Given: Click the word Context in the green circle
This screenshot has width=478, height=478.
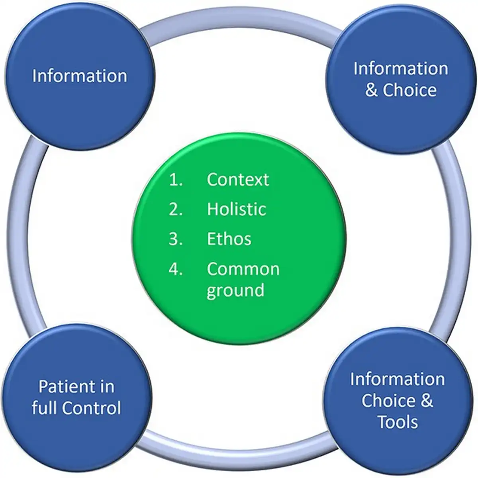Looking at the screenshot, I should tap(238, 180).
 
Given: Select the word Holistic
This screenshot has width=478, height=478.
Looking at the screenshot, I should tap(236, 209).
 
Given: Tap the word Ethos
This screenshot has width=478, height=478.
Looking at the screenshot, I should tap(229, 239).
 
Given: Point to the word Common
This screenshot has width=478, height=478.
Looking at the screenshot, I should tap(243, 269).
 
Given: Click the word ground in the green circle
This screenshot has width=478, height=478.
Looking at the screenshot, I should tap(235, 290).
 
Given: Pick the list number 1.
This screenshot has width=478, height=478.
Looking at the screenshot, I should tap(176, 180).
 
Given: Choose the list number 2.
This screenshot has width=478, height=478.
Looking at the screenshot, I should tap(176, 210).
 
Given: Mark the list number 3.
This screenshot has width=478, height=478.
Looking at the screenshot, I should tap(176, 239).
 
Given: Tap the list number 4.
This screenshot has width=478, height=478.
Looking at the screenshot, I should tap(176, 269).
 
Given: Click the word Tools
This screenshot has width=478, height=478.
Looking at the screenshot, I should tap(398, 422).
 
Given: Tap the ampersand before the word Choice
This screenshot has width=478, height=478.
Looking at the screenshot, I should tap(371, 90).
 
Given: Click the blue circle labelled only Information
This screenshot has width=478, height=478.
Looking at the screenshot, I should tap(79, 76).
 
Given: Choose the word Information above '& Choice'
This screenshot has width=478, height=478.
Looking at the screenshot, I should tap(400, 69).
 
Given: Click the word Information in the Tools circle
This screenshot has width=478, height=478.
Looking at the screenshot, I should tap(397, 379).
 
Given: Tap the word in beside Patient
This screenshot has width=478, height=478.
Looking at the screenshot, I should tap(106, 387).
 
